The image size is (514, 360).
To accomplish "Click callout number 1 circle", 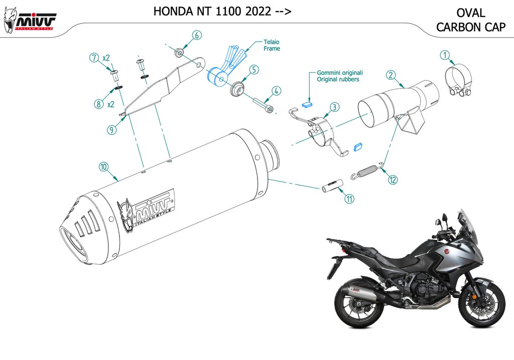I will click(444, 55).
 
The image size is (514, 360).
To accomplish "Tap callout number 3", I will click(334, 106).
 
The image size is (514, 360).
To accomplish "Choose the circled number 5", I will click(254, 70).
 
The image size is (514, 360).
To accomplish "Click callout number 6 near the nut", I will click(197, 35).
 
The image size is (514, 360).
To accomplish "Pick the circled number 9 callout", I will click(111, 129).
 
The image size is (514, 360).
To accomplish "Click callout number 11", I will click(349, 199).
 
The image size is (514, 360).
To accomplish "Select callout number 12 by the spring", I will click(392, 179).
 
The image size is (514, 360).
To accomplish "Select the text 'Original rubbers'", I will click(338, 79).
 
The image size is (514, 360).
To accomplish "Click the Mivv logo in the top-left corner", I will click(30, 20).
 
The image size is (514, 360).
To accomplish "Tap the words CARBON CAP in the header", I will click(470, 28).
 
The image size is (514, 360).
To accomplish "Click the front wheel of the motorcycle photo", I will click(482, 304).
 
